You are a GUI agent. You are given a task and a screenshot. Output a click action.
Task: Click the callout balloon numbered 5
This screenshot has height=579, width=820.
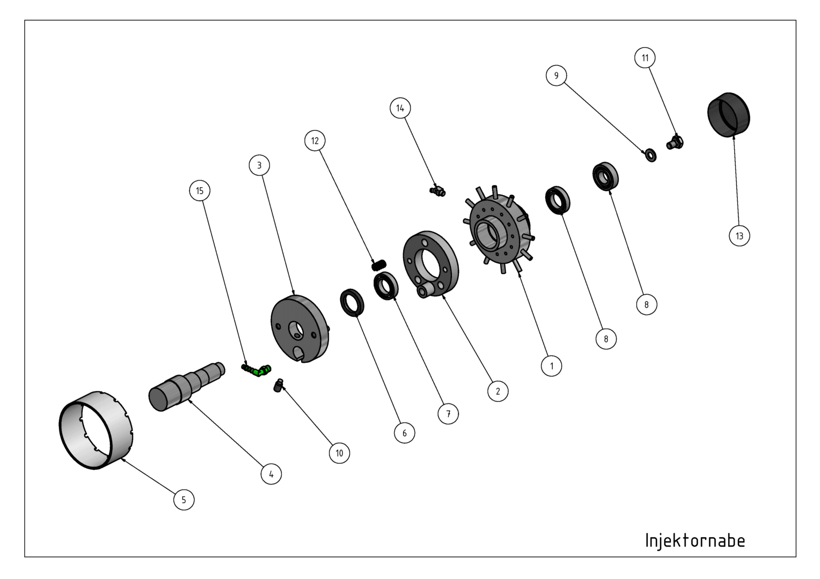coord(184,500)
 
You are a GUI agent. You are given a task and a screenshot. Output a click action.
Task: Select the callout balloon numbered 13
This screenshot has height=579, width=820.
coord(739,235)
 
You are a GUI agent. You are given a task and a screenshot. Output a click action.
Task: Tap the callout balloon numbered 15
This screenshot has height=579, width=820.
coord(200,190)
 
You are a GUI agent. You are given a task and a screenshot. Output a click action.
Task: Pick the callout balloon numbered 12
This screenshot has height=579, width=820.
coord(315,141)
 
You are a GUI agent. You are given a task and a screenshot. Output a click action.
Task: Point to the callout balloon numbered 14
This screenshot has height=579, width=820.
coord(400,108)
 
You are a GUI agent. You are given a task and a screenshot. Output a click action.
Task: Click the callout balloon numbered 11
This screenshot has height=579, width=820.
coord(645,58)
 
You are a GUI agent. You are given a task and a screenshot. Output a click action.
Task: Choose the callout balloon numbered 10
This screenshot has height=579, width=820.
coord(339,453)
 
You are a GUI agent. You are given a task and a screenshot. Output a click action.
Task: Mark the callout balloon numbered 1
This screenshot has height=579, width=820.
coord(552,366)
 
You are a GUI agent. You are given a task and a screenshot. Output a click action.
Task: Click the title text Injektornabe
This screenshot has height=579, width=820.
coord(695,540)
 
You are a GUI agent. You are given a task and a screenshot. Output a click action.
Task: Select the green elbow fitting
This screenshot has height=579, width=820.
coord(257,370)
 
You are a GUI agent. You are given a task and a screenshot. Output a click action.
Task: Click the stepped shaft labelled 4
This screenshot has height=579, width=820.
coord(186,387)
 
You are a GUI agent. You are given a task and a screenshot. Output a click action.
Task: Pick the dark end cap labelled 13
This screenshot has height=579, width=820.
coord(728,115)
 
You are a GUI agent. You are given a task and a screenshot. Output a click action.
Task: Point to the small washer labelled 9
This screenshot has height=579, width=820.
coord(651,155)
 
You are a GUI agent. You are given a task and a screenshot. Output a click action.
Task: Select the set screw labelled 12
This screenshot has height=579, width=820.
coord(379,265)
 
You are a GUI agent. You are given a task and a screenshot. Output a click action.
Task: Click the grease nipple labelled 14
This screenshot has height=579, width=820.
coord(437,191)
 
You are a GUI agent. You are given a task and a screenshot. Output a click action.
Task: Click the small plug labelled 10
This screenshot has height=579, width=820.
coord(279,385)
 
